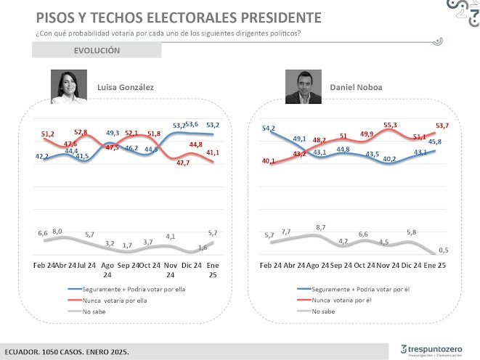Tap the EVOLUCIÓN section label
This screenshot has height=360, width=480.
[97, 51]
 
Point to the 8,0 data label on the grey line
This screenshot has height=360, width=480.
[57, 232]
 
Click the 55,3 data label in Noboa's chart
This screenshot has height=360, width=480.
[390, 126]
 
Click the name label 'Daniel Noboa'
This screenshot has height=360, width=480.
[357, 87]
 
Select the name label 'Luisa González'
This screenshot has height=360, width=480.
[126, 87]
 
